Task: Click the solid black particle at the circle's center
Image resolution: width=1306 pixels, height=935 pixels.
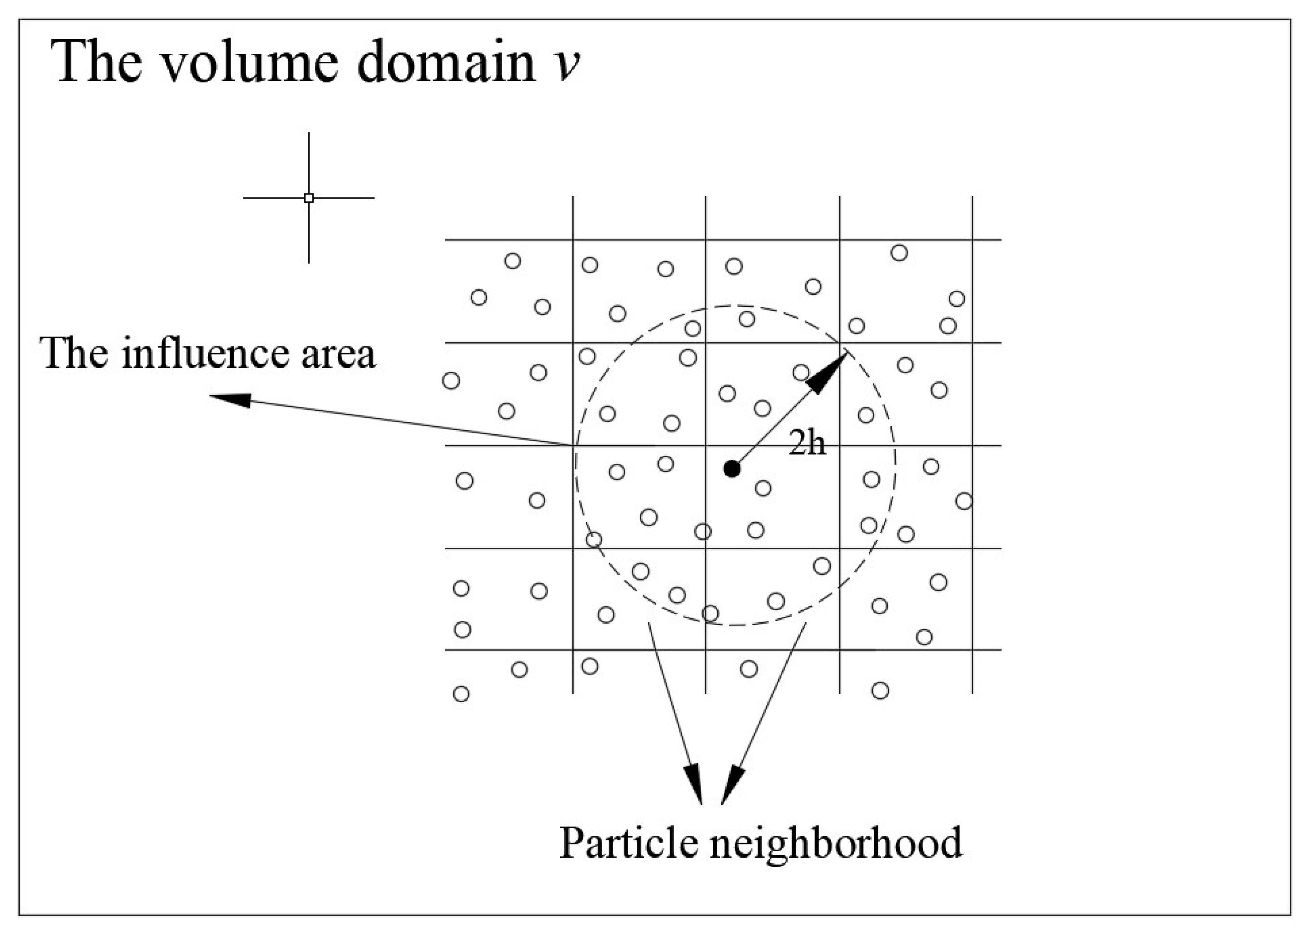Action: pyautogui.click(x=732, y=469)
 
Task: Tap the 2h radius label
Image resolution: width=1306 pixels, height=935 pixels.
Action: pyautogui.click(x=807, y=443)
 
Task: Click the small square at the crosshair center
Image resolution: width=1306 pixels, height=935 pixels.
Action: pyautogui.click(x=309, y=198)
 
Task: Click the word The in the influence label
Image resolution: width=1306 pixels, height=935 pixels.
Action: pyautogui.click(x=73, y=354)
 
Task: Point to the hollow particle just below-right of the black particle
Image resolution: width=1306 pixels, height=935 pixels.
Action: pyautogui.click(x=763, y=488)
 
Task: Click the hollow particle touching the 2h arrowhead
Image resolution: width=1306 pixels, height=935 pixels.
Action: pyautogui.click(x=801, y=372)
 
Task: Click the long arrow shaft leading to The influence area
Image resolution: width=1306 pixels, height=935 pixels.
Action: pyautogui.click(x=403, y=422)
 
